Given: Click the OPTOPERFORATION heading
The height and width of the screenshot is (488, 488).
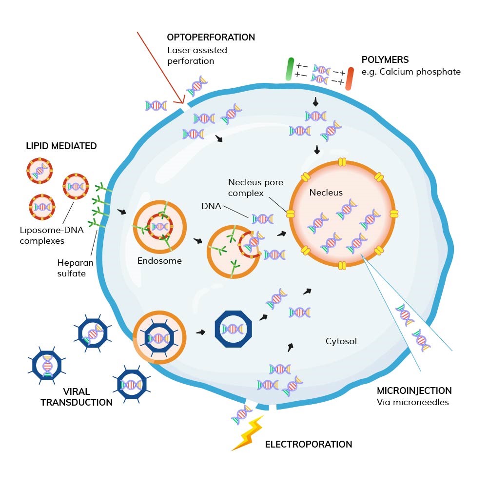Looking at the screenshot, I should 211,38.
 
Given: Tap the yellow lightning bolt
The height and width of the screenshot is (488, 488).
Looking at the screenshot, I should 248,433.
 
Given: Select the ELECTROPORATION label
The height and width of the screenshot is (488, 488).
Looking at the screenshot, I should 308,444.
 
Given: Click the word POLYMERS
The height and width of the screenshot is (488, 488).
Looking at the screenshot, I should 385,60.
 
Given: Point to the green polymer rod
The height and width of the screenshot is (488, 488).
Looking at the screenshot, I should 290,69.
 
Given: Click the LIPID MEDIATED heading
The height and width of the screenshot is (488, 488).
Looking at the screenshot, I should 61,146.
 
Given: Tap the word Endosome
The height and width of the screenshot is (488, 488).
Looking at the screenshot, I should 159,261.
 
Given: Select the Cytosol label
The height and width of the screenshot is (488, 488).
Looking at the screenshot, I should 341,341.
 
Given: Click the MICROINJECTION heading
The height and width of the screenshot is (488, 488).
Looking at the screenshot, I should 414,390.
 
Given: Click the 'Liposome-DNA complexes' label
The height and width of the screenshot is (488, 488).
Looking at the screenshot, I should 48,235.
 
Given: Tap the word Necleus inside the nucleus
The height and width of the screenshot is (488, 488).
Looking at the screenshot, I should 326,193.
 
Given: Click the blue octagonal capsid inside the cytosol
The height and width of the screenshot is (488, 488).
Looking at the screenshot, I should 233,330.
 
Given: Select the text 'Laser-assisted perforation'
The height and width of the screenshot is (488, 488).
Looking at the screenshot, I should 197,56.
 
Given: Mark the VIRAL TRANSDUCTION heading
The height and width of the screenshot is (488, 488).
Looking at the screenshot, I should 76,397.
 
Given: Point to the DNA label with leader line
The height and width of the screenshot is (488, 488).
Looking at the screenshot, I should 211,206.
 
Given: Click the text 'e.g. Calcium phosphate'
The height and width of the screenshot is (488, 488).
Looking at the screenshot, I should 410,72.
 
